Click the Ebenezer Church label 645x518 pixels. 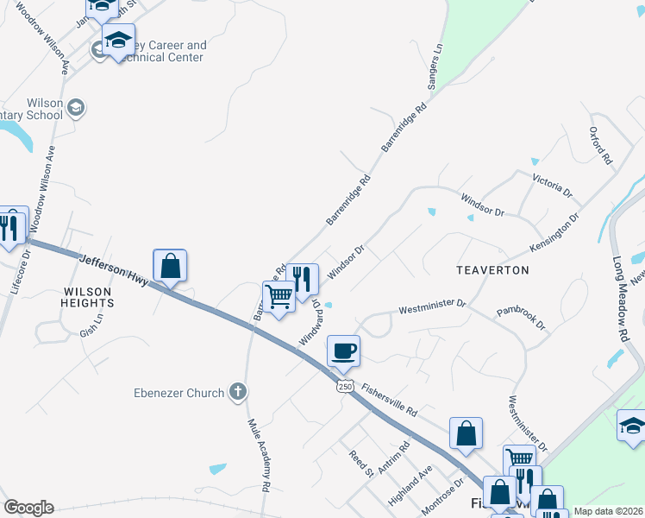click(x=178, y=393)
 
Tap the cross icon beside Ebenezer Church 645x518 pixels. click(x=239, y=392)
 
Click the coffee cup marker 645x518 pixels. click(x=343, y=350)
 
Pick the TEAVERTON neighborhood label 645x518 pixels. click(x=492, y=270)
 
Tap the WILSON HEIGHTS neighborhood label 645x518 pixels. click(x=88, y=297)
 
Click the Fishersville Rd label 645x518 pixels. click(x=389, y=399)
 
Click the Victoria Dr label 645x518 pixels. click(x=553, y=185)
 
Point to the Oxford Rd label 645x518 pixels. click(x=600, y=146)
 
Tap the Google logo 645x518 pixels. click(x=28, y=508)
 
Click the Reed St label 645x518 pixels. click(x=360, y=463)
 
